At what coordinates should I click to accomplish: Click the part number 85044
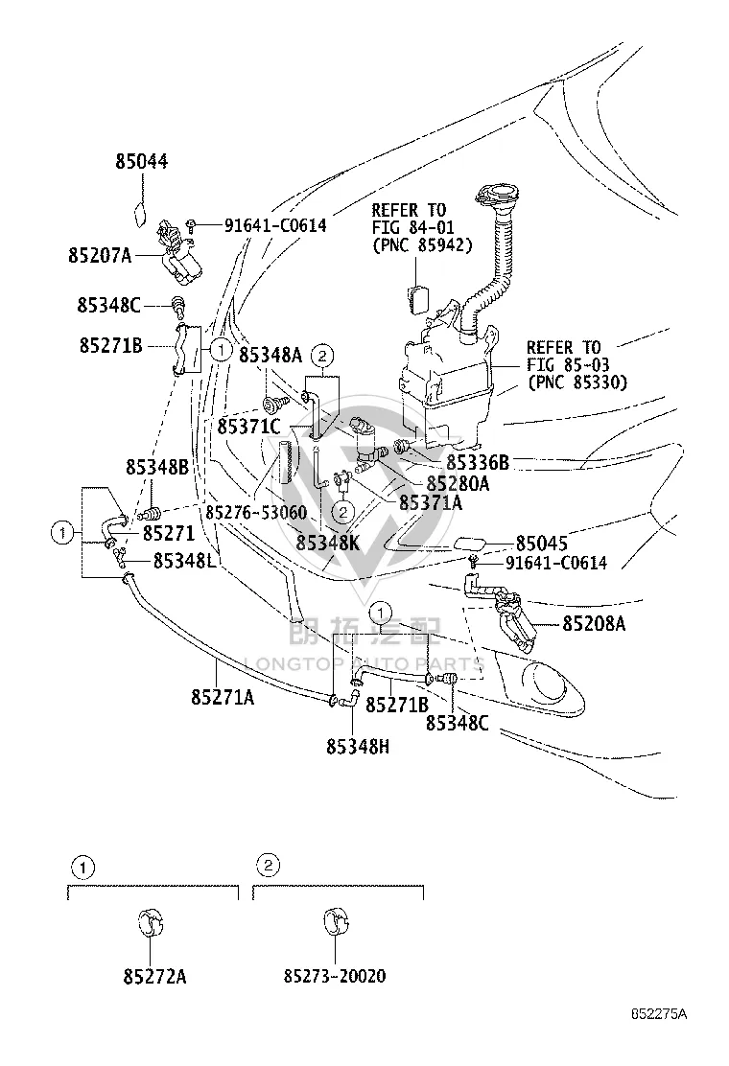(x=141, y=162)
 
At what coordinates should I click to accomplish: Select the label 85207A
(x=100, y=255)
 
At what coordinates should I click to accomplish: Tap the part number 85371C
(x=248, y=427)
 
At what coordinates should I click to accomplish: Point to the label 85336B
(x=478, y=462)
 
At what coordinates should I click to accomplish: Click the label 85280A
(x=458, y=483)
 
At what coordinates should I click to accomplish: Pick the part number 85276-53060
(x=256, y=512)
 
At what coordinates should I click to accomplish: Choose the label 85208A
(x=594, y=623)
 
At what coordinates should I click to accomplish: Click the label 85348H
(x=358, y=747)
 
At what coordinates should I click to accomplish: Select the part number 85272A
(x=155, y=976)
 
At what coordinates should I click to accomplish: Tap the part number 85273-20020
(x=335, y=976)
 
